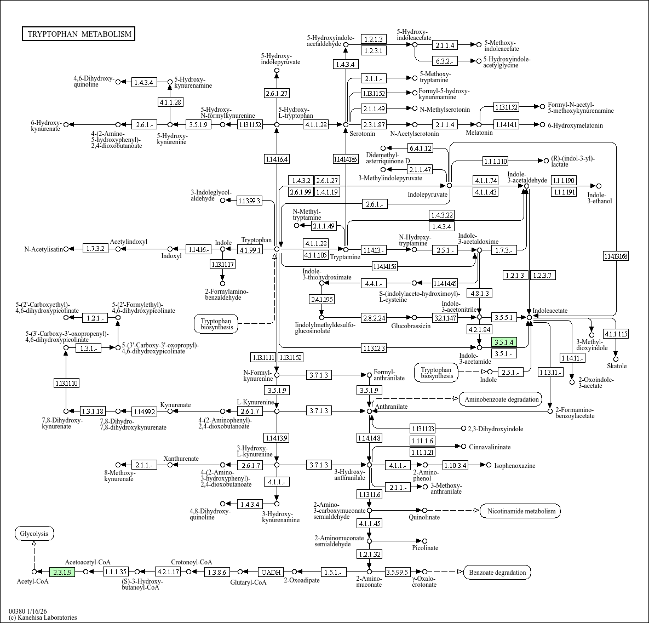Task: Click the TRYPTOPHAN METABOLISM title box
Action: point(79,34)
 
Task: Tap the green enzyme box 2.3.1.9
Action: point(62,572)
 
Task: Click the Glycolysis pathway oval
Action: point(34,533)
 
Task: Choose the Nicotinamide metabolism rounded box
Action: point(520,511)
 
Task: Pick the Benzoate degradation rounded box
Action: point(497,573)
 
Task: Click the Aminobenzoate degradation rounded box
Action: point(501,399)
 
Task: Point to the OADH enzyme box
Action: point(270,572)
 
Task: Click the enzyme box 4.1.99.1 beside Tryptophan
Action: point(250,249)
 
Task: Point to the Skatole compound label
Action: point(617,365)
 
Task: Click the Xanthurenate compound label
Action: point(181,458)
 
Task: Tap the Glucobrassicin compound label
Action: point(411,326)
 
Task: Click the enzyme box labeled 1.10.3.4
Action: point(455,465)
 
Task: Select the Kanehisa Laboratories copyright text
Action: point(43,618)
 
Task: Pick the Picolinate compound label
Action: point(425,547)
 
